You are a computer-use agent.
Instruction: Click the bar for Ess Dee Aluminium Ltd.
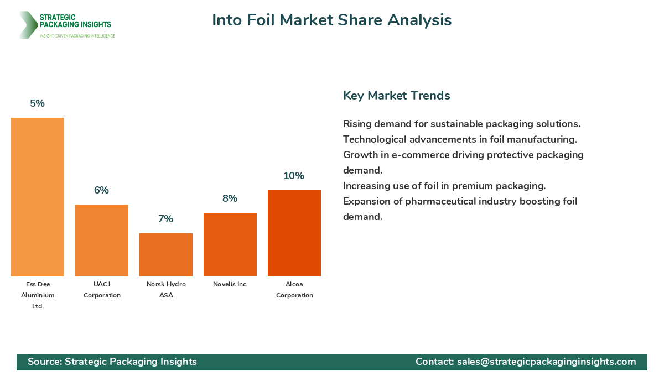pyautogui.click(x=38, y=197)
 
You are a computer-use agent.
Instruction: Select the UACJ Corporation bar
pyautogui.click(x=102, y=240)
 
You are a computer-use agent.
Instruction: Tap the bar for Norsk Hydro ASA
pyautogui.click(x=166, y=255)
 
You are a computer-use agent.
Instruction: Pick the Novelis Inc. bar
pyautogui.click(x=230, y=244)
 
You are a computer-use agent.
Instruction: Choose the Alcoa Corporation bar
pyautogui.click(x=294, y=233)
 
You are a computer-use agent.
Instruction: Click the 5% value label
pyautogui.click(x=38, y=103)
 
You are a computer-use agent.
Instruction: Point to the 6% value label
pyautogui.click(x=102, y=190)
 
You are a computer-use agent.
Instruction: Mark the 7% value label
pyautogui.click(x=166, y=219)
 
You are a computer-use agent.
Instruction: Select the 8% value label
pyautogui.click(x=230, y=198)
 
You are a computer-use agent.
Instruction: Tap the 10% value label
pyautogui.click(x=294, y=176)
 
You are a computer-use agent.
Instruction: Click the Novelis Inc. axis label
pyautogui.click(x=230, y=284)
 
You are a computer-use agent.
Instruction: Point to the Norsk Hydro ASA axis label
pyautogui.click(x=166, y=290)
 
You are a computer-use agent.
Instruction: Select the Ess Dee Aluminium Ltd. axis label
pyautogui.click(x=38, y=295)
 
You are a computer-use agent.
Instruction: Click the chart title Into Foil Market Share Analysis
pyautogui.click(x=332, y=20)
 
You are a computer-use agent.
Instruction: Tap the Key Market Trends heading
pyautogui.click(x=396, y=96)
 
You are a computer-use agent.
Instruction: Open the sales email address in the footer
pyautogui.click(x=546, y=362)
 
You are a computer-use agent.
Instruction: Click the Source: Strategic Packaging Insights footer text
pyautogui.click(x=112, y=362)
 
